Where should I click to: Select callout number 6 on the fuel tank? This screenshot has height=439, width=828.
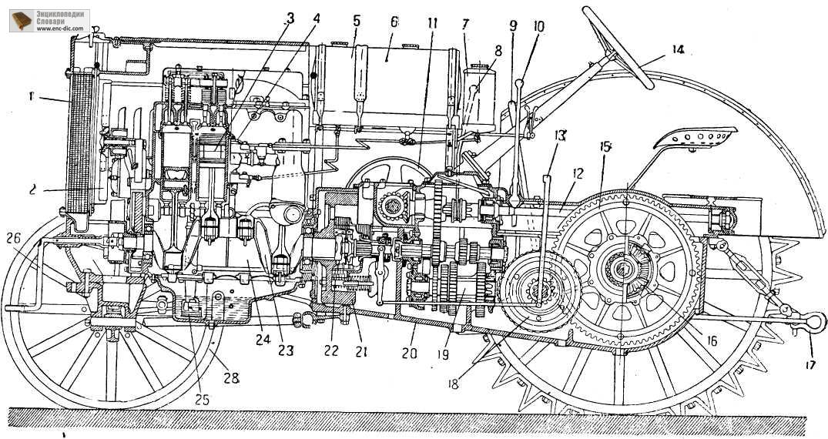click(x=394, y=23)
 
